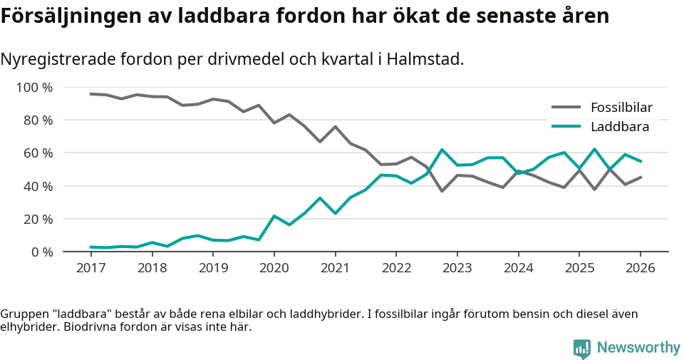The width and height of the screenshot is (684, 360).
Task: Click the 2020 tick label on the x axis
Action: click(274, 268)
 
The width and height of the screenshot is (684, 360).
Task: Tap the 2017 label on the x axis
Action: click(90, 268)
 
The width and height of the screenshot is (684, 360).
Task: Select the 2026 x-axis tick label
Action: click(640, 268)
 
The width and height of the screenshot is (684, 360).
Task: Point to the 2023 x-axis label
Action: click(457, 268)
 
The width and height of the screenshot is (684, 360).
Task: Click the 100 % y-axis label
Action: click(35, 88)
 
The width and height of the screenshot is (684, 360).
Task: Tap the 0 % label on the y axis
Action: click(42, 252)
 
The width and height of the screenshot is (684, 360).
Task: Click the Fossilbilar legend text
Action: click(621, 108)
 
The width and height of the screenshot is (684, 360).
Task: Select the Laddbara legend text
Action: click(619, 127)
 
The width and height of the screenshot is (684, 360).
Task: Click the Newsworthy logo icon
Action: click(582, 349)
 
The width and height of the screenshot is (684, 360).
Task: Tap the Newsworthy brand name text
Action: click(638, 348)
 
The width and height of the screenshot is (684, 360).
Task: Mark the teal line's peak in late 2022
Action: click(442, 150)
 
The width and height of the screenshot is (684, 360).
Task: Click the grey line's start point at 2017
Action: click(90, 94)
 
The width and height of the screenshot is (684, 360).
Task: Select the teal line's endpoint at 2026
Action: click(641, 161)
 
